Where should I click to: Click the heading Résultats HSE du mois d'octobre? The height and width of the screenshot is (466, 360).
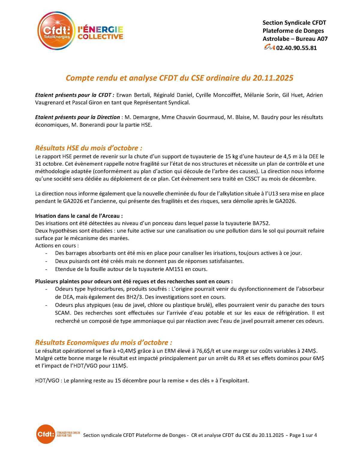click(88, 148)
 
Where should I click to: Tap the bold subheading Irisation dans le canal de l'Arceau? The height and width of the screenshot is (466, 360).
click(79, 216)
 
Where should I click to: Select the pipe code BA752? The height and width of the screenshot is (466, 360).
click(261, 223)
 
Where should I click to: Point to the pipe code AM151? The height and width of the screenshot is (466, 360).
click(174, 269)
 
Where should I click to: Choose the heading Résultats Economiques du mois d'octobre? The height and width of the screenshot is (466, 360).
click(103, 343)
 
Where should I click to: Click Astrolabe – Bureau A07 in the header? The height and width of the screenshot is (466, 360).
click(295, 39)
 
